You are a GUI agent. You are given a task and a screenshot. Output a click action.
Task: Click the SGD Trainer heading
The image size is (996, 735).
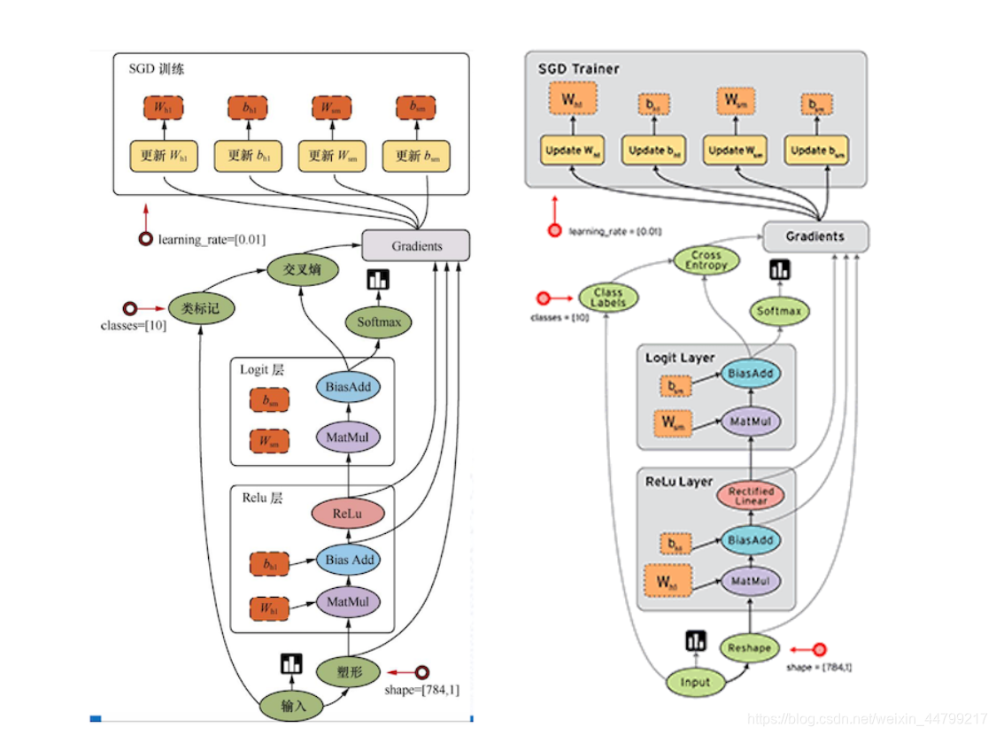coord(578,68)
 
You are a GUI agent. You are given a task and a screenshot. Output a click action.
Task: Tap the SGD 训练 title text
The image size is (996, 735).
coord(156,69)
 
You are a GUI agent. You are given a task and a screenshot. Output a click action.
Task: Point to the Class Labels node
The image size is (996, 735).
coord(607,298)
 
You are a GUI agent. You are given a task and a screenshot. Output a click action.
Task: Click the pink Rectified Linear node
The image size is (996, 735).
coord(750,496)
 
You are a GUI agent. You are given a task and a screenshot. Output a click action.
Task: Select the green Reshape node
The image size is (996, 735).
coord(749,648)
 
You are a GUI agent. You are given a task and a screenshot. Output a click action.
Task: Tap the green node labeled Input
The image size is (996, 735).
coord(695,682)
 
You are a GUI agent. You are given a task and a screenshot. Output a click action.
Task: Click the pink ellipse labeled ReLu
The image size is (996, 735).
coord(348,514)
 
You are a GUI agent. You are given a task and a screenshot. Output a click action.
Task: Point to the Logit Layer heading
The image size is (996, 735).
coord(679,358)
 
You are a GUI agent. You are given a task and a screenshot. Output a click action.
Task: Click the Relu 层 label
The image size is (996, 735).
coord(262,498)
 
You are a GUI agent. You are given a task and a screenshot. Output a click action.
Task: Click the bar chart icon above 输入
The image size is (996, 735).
coord(291,664)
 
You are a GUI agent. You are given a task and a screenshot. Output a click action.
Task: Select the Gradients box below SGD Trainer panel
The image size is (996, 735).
coord(815,236)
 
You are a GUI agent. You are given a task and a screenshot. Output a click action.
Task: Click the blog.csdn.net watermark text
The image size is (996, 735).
coord(867,718)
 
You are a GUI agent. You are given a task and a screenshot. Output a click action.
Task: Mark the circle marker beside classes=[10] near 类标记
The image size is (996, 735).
coord(130,309)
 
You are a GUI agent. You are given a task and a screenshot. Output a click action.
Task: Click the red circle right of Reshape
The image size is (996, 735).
coord(819,649)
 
